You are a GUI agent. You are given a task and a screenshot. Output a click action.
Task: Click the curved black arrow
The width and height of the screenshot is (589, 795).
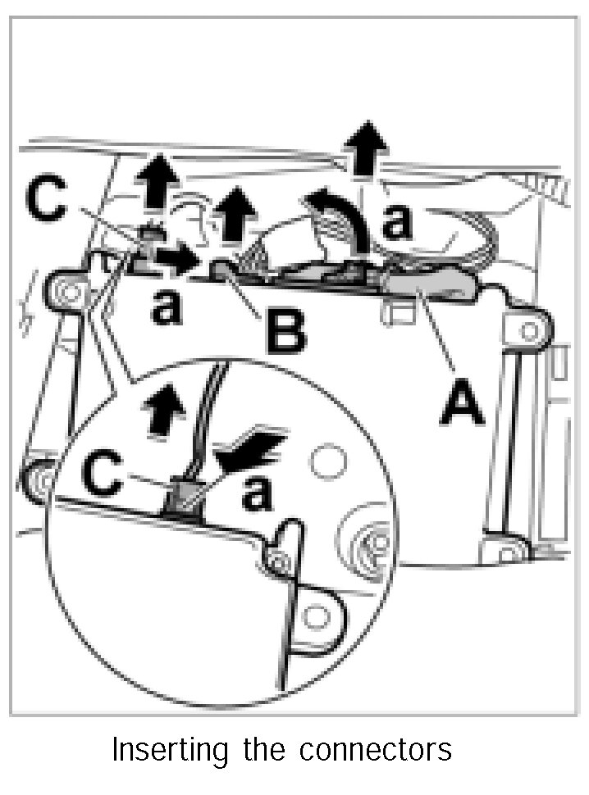(339, 217)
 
